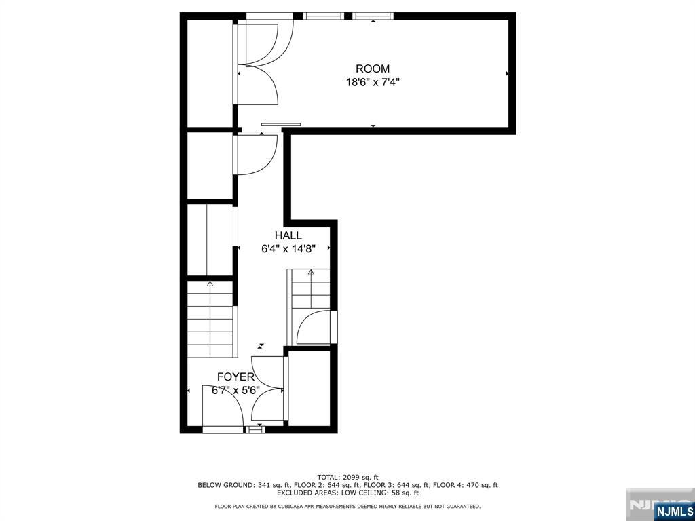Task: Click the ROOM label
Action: pos(373,69)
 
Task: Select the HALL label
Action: pos(288,235)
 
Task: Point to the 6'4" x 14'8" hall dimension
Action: pos(288,249)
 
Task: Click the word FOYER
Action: pos(236,377)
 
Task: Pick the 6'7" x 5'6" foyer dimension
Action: pos(236,390)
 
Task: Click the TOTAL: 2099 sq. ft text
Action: pos(348,477)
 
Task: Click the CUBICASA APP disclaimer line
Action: pos(347,506)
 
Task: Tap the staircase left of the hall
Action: pos(210,319)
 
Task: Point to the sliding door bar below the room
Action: pos(281,125)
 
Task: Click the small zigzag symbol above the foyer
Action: pos(262,345)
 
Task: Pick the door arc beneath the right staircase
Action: pos(314,328)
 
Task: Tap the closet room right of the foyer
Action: pos(309,388)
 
